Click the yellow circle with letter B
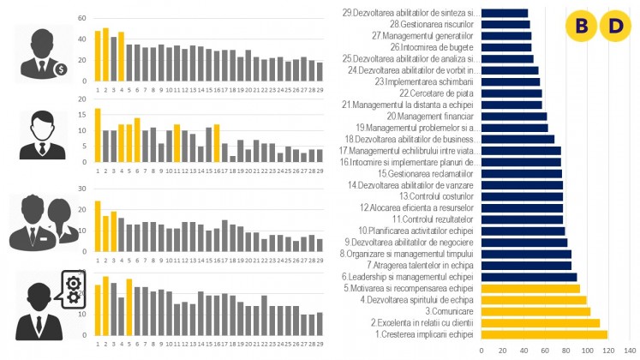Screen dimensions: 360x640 pos(583,27)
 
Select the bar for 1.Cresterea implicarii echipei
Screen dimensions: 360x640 pos(544,334)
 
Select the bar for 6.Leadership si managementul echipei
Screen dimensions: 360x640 pos(529,277)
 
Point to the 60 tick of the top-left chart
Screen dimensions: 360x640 pos(81,18)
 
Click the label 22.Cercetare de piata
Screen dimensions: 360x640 pos(436,93)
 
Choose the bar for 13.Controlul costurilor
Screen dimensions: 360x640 pos(522,196)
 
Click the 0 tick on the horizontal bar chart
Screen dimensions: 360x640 pos(481,351)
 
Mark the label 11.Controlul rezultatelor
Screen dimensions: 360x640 pos(430,219)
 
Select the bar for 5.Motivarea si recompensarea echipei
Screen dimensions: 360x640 pos(530,288)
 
